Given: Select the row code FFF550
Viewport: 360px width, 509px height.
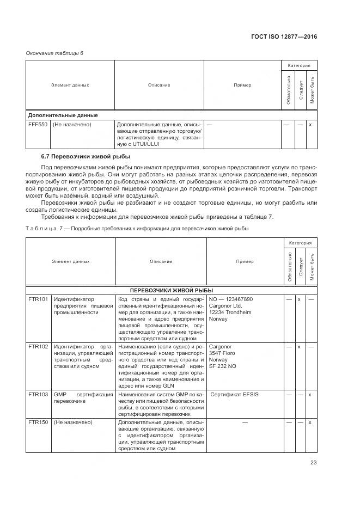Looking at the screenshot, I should point(38,125).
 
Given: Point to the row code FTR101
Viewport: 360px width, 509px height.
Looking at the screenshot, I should point(38,299).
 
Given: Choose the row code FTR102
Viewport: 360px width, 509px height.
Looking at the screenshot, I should point(38,346).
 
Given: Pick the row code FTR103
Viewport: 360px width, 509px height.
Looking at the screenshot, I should point(38,394).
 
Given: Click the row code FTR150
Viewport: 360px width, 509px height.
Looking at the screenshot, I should point(38,422).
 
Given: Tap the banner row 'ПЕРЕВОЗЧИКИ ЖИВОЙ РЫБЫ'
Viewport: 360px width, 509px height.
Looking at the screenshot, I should point(171,290).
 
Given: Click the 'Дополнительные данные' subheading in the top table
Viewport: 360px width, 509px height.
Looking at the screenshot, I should point(63,115).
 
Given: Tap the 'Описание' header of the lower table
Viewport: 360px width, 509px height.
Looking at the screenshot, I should point(161,262).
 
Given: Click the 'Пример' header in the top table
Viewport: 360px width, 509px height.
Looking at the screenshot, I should point(242,85).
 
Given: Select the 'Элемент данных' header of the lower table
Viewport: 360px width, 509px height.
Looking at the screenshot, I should point(71,262).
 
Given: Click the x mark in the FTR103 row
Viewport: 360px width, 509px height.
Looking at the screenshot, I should point(310,394).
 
